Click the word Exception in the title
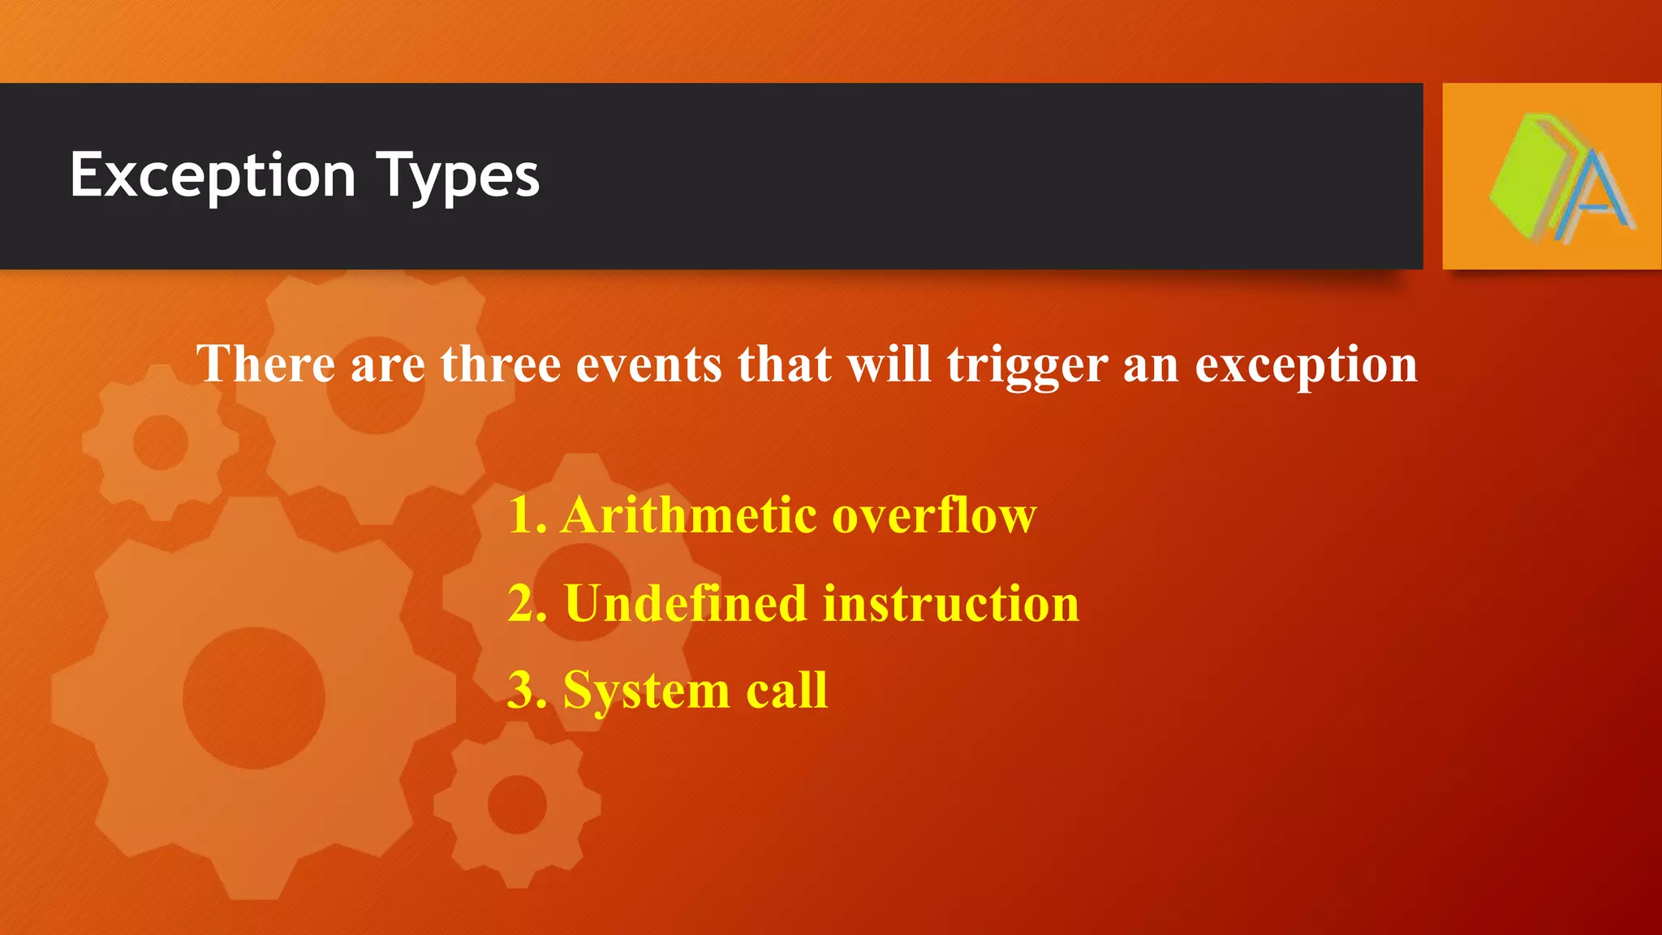213,175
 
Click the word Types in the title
458,175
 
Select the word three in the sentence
500,364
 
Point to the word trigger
1027,365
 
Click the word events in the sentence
648,364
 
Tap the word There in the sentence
265,364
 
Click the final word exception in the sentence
1306,365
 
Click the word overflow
934,515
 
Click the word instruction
950,603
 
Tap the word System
646,692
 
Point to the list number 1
523,515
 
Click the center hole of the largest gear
253,697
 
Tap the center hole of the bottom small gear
516,804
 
